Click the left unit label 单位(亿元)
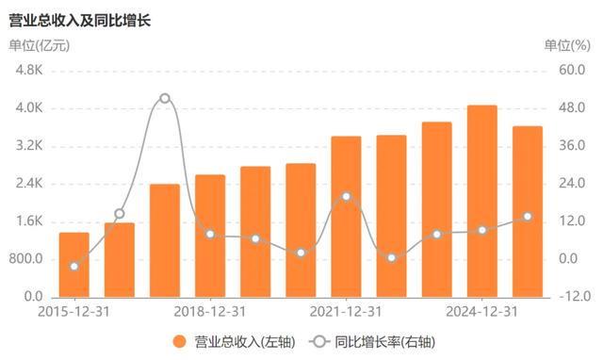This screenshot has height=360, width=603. (x=40, y=44)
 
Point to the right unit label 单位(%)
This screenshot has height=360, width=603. (x=564, y=44)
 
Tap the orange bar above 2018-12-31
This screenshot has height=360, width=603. (x=210, y=236)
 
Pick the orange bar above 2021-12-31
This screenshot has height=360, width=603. (x=346, y=217)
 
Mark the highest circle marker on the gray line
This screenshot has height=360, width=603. (x=165, y=98)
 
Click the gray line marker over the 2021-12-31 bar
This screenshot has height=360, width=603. (x=346, y=196)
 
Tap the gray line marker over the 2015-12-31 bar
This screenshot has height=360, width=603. (x=73, y=266)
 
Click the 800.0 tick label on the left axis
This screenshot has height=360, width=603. (x=28, y=259)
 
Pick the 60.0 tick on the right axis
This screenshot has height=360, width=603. (x=573, y=71)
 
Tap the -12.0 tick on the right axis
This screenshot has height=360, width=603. (x=573, y=297)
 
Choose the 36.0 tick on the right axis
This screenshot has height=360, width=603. (x=573, y=146)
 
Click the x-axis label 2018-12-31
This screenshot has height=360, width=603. (x=210, y=312)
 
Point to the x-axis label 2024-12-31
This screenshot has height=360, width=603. (x=481, y=312)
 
